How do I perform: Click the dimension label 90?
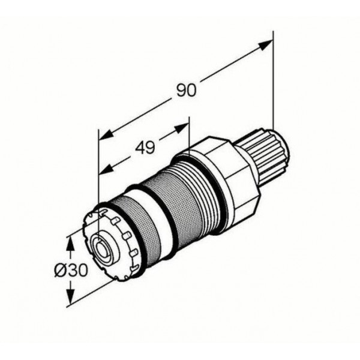pyautogui.click(x=187, y=90)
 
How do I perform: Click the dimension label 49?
pyautogui.click(x=145, y=148)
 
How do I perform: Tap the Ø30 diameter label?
pyautogui.click(x=71, y=270)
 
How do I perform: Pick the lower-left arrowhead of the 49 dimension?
pyautogui.click(x=106, y=169)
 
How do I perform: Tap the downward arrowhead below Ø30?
pyautogui.click(x=71, y=293)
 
